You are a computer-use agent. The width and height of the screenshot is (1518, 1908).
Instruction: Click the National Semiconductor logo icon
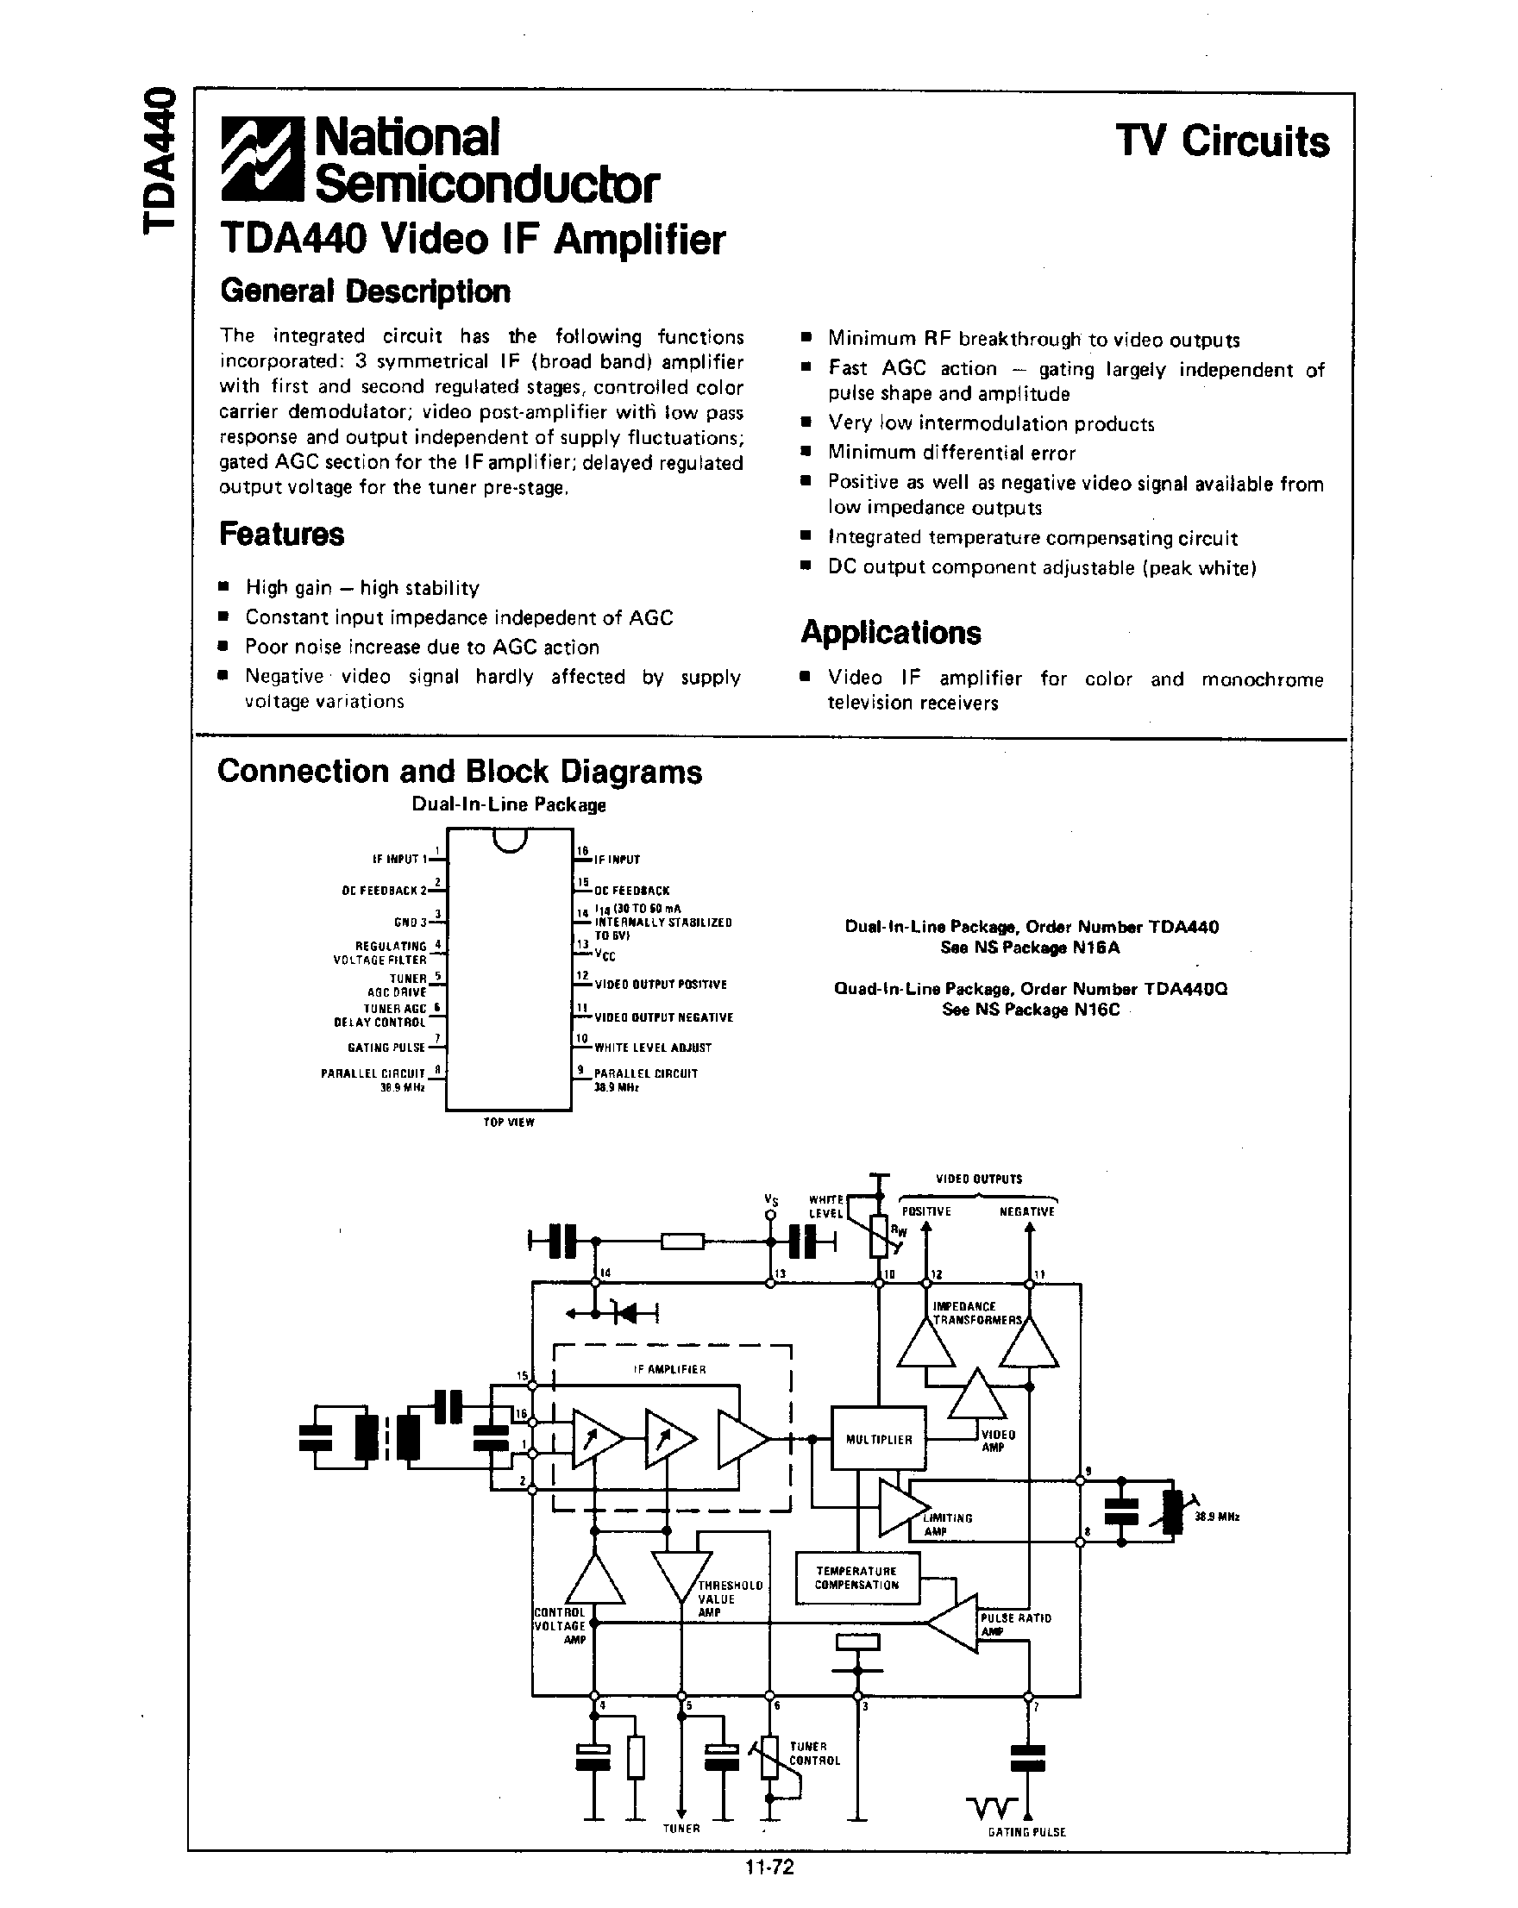click(x=263, y=159)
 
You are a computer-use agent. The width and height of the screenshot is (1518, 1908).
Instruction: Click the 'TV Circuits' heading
click(x=1221, y=141)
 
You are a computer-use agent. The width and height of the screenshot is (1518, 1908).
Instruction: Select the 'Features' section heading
click(x=281, y=535)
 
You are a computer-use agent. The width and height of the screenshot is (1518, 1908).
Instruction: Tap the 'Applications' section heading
click(x=890, y=633)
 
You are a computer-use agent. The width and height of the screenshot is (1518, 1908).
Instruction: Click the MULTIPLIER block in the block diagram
click(x=878, y=1440)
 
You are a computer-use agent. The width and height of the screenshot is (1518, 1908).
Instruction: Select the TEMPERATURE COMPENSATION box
click(x=856, y=1578)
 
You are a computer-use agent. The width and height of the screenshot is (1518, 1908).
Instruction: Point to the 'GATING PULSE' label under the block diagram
click(x=1026, y=1832)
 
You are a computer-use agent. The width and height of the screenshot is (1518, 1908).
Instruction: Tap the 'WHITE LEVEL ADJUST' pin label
click(x=653, y=1048)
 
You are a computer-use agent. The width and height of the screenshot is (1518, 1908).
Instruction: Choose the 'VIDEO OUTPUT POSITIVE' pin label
click(x=661, y=984)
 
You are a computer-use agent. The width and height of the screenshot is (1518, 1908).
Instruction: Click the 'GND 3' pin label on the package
click(x=411, y=923)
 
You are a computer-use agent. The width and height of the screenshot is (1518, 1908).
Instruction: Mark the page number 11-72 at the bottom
click(x=769, y=1867)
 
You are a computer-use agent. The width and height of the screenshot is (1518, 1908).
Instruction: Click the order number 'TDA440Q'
click(x=1185, y=989)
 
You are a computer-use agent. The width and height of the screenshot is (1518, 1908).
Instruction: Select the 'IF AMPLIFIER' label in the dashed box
click(x=670, y=1370)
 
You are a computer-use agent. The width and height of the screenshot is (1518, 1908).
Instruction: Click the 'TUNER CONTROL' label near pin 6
click(x=814, y=1753)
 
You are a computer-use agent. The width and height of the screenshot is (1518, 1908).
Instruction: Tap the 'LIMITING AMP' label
click(x=947, y=1524)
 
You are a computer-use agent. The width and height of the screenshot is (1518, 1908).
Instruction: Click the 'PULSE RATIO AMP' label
click(x=1015, y=1624)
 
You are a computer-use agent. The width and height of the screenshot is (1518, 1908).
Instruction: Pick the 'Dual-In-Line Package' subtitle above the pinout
click(x=509, y=804)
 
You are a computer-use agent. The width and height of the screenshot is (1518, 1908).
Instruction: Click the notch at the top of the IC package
click(x=511, y=840)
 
